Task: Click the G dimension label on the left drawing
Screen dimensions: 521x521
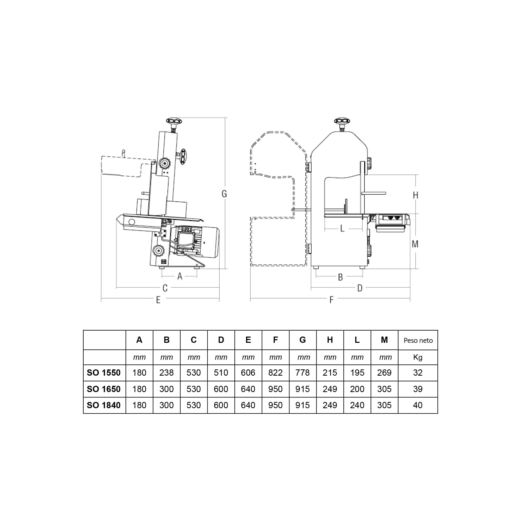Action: (x=224, y=194)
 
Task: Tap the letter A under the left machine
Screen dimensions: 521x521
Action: (x=180, y=276)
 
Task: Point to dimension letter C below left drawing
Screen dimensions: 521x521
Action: (x=165, y=288)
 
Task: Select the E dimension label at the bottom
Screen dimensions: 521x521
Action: (x=158, y=300)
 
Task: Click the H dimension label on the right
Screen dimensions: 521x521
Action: (x=415, y=195)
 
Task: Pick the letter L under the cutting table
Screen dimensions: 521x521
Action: (x=342, y=228)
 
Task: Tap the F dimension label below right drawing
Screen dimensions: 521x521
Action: (x=331, y=300)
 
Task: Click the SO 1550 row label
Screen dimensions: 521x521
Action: (x=104, y=373)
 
